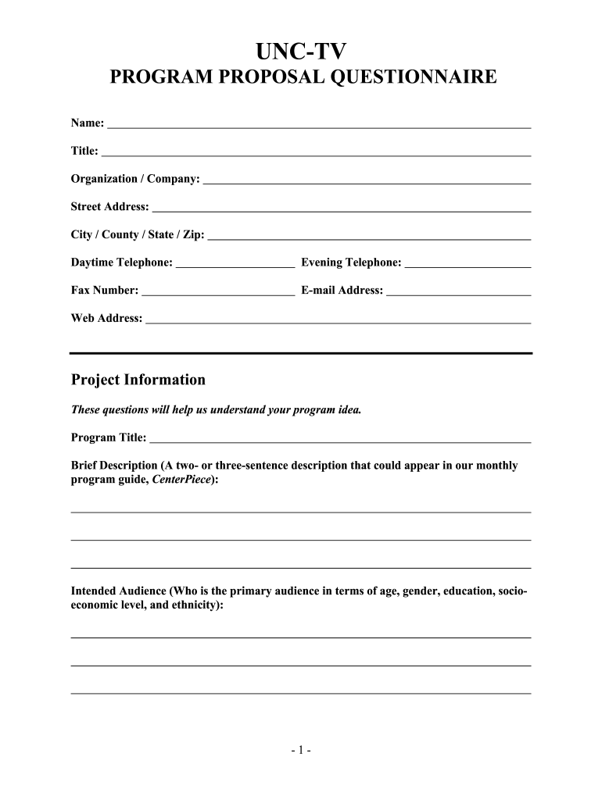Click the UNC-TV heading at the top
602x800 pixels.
301,52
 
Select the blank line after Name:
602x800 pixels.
319,126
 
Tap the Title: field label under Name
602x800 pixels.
84,151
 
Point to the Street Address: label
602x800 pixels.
109,207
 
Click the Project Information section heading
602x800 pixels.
138,380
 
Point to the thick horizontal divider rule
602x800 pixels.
301,353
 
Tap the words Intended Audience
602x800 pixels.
118,591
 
